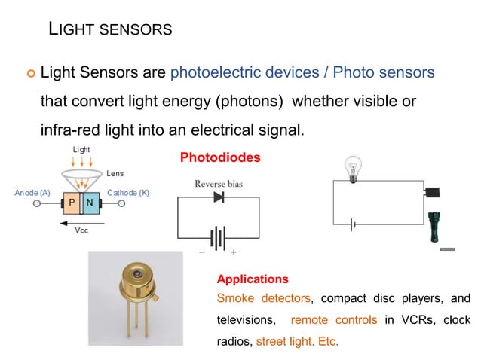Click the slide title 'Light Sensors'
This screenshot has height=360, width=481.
pyautogui.click(x=110, y=29)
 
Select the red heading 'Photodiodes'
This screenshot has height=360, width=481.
pyautogui.click(x=220, y=158)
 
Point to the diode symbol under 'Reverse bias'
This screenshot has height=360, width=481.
pyautogui.click(x=219, y=197)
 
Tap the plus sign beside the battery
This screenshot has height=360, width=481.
pyautogui.click(x=234, y=252)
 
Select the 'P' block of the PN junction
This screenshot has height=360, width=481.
pyautogui.click(x=72, y=203)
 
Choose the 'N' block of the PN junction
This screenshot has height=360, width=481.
pyautogui.click(x=89, y=203)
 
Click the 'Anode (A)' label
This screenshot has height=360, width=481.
pyautogui.click(x=32, y=193)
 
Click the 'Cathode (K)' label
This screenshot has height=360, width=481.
pyautogui.click(x=128, y=193)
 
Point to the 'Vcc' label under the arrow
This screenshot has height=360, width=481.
pyautogui.click(x=81, y=230)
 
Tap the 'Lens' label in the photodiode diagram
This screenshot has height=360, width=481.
pyautogui.click(x=115, y=173)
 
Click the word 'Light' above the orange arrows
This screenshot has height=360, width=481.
pyautogui.click(x=81, y=150)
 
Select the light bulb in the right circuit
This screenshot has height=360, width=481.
pyautogui.click(x=352, y=166)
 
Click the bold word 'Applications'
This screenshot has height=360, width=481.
pyautogui.click(x=252, y=279)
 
